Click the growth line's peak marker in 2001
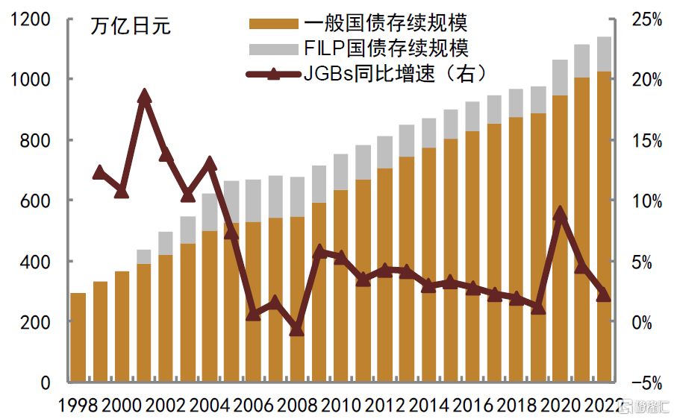[x=145, y=96]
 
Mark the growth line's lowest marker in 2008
[x=297, y=328]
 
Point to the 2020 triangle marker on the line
[x=561, y=214]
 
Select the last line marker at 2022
[x=605, y=295]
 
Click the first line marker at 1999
[x=100, y=173]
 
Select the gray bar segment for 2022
[x=605, y=54]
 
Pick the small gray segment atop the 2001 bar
[x=144, y=256]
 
